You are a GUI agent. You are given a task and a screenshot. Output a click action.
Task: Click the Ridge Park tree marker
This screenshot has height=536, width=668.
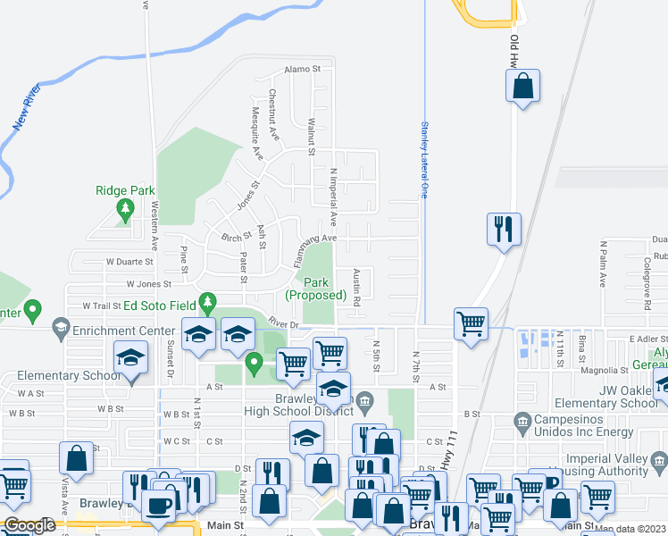tap(125, 210)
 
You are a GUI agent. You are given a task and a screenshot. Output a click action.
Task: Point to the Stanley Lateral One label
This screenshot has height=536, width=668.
tap(426, 161)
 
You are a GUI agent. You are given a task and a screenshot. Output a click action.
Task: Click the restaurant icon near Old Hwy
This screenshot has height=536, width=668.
tap(503, 229)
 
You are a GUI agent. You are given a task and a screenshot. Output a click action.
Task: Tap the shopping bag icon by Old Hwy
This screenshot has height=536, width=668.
tap(523, 88)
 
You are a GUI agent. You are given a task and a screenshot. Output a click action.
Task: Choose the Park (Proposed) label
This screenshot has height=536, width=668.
tap(315, 289)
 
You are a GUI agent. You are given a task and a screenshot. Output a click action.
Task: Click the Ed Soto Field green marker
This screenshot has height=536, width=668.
tap(208, 304)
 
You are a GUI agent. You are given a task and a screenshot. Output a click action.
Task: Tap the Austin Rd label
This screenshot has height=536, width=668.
tap(355, 289)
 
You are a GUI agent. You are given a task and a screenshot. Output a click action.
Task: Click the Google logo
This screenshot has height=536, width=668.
tap(29, 524)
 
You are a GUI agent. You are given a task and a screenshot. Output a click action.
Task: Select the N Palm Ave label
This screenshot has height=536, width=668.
tap(603, 264)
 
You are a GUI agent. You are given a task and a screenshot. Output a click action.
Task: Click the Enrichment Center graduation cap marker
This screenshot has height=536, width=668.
tap(60, 326)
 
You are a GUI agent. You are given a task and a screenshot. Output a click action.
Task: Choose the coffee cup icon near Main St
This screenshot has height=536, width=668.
tap(160, 505)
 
